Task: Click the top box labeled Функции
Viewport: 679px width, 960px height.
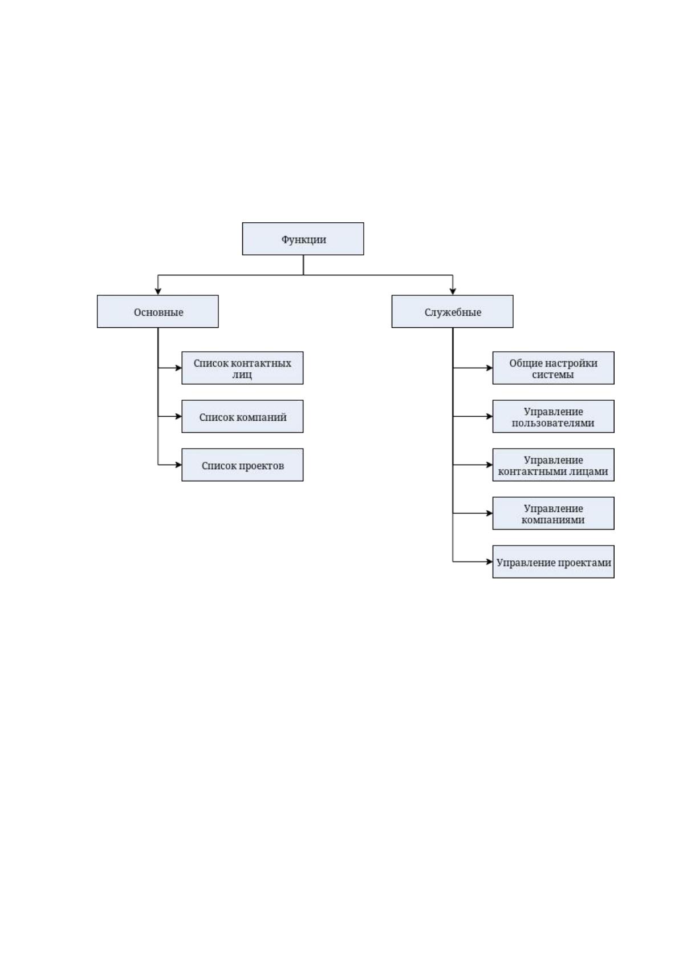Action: (303, 239)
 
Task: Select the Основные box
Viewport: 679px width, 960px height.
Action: (158, 312)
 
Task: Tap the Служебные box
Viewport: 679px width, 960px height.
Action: (452, 312)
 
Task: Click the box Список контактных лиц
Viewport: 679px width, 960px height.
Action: (242, 368)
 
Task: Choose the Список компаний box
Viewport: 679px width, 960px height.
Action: (242, 416)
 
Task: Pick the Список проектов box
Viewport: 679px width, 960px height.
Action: (242, 465)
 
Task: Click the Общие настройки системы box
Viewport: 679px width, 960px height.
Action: (553, 368)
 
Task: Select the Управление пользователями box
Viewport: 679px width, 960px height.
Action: (553, 416)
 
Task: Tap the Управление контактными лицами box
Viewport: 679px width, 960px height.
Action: (553, 465)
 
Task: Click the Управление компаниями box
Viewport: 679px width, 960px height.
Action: (553, 513)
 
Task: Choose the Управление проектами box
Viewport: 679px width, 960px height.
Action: (553, 562)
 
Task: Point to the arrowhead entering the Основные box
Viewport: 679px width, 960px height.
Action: (158, 292)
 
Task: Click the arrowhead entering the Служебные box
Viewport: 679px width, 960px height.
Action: (453, 292)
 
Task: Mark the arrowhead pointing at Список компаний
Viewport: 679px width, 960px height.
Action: (178, 416)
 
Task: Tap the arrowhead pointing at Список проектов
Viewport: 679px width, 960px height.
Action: (178, 465)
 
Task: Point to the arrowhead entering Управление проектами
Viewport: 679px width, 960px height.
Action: (489, 562)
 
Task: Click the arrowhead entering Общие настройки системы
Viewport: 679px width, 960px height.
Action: (489, 368)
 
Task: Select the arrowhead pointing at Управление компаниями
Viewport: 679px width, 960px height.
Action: (489, 513)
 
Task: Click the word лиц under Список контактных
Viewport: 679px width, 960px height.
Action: (242, 375)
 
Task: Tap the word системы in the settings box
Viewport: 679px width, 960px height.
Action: (552, 374)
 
